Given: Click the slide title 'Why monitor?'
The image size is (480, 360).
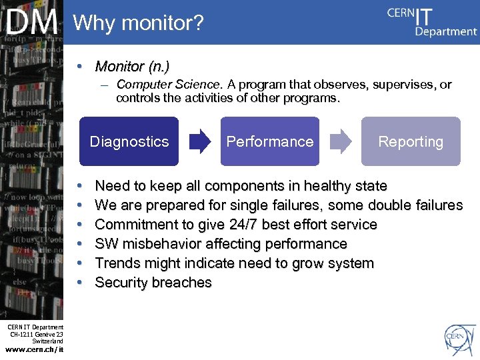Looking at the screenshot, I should click(138, 23).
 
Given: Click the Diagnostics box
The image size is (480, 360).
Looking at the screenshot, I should click(129, 141).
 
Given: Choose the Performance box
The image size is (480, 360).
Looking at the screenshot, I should click(270, 141).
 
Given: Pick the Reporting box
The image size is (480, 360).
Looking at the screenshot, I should click(411, 141).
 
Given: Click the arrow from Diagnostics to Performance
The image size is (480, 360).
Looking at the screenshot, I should click(199, 141).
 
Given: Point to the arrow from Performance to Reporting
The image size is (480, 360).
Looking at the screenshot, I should click(341, 141).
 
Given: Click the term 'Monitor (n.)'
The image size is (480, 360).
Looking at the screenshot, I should click(132, 67).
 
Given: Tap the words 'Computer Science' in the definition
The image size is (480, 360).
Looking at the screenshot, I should click(167, 85).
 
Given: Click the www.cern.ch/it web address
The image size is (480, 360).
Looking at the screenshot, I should click(35, 349).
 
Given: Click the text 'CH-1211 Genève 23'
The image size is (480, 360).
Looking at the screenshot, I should click(37, 334).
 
